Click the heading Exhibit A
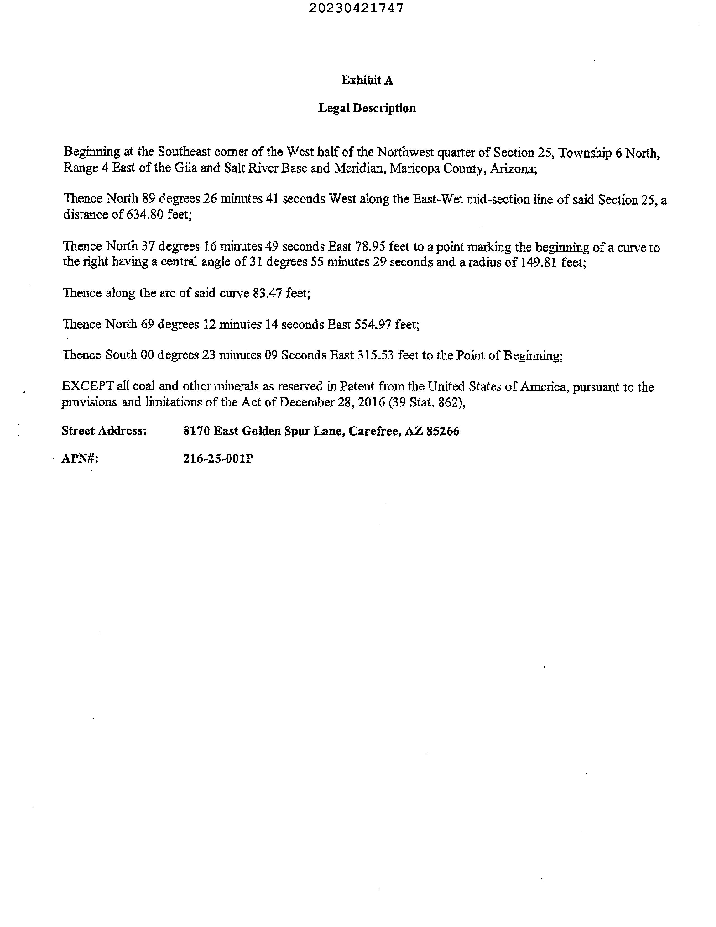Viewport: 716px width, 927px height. coord(367,80)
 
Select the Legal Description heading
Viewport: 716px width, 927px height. coord(367,108)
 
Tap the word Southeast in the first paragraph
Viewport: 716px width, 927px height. coord(184,152)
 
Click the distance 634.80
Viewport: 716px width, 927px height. coord(145,215)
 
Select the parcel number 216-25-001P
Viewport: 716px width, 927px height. coord(218,459)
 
